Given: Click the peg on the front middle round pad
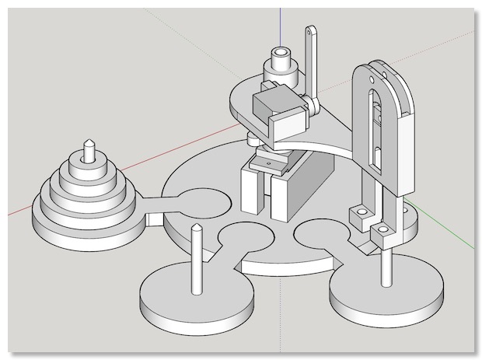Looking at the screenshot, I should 197,260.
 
